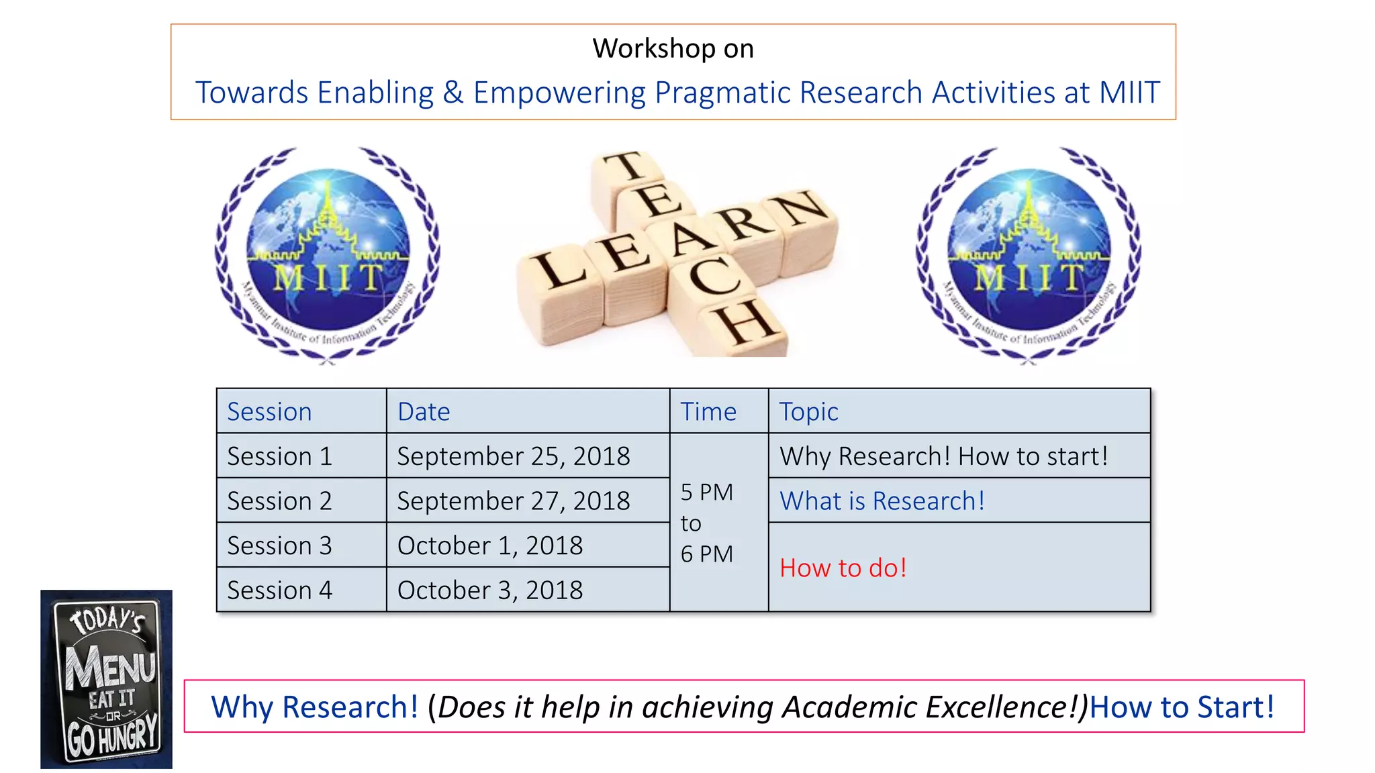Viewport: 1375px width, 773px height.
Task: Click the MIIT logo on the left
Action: point(328,255)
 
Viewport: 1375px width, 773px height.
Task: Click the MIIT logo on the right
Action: point(1029,255)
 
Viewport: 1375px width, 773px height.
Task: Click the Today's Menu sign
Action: point(106,679)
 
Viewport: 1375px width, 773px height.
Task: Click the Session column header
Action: point(269,411)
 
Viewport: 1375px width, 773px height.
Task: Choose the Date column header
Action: point(424,411)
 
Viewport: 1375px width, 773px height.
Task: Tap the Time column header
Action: point(708,411)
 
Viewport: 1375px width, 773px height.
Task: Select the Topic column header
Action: point(808,411)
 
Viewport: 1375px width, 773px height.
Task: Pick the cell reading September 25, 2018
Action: point(514,456)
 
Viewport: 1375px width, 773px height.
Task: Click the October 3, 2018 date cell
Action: point(490,590)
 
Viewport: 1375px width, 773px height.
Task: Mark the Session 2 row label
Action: point(279,501)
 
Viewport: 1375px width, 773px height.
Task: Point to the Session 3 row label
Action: point(279,546)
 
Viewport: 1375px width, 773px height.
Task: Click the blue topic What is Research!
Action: point(882,501)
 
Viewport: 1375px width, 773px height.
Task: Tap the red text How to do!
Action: point(843,568)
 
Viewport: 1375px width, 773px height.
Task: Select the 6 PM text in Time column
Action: point(706,554)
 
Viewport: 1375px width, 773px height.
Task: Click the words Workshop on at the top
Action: point(673,48)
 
